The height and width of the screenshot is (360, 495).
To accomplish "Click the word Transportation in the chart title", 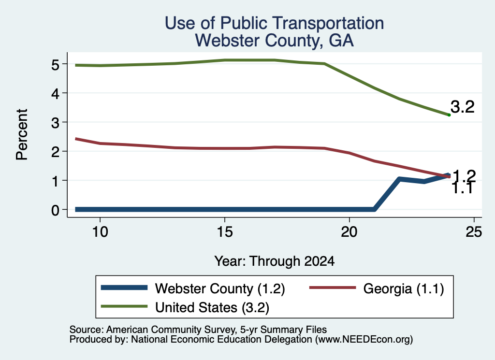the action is coord(328,23).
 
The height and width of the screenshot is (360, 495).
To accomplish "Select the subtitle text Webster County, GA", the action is coord(275,41).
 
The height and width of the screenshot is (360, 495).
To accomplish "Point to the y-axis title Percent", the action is coord(22,134).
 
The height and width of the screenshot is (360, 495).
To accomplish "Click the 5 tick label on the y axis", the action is coord(56,65).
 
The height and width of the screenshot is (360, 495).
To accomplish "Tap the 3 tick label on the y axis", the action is coord(56,123).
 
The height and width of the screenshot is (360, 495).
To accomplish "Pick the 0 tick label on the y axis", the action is coord(56,210).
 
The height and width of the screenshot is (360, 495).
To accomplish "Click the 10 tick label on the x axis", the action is coord(100,232).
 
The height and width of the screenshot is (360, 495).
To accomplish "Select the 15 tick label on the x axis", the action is coord(225,232).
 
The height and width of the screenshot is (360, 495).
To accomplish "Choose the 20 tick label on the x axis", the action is coord(349,232).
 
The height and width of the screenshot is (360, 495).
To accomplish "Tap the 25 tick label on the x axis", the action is coord(474,232).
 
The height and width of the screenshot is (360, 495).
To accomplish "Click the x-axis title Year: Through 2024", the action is coord(275,261).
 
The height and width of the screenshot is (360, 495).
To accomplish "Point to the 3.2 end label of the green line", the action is coord(463,107).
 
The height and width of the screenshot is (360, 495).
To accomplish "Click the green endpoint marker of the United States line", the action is coord(449,115).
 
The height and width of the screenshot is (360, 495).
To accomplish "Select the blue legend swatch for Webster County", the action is coord(124,288).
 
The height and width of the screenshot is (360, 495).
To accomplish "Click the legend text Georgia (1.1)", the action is coord(404,288).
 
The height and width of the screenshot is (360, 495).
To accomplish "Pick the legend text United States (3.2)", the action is coord(212,308).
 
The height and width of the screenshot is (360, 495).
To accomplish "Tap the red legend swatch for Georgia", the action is coord(333,288).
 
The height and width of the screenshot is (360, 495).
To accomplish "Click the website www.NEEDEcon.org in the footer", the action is coord(364,340).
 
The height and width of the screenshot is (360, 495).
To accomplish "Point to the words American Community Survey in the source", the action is coord(171,330).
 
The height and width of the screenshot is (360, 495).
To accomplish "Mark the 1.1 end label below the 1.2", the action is coord(463,188).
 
